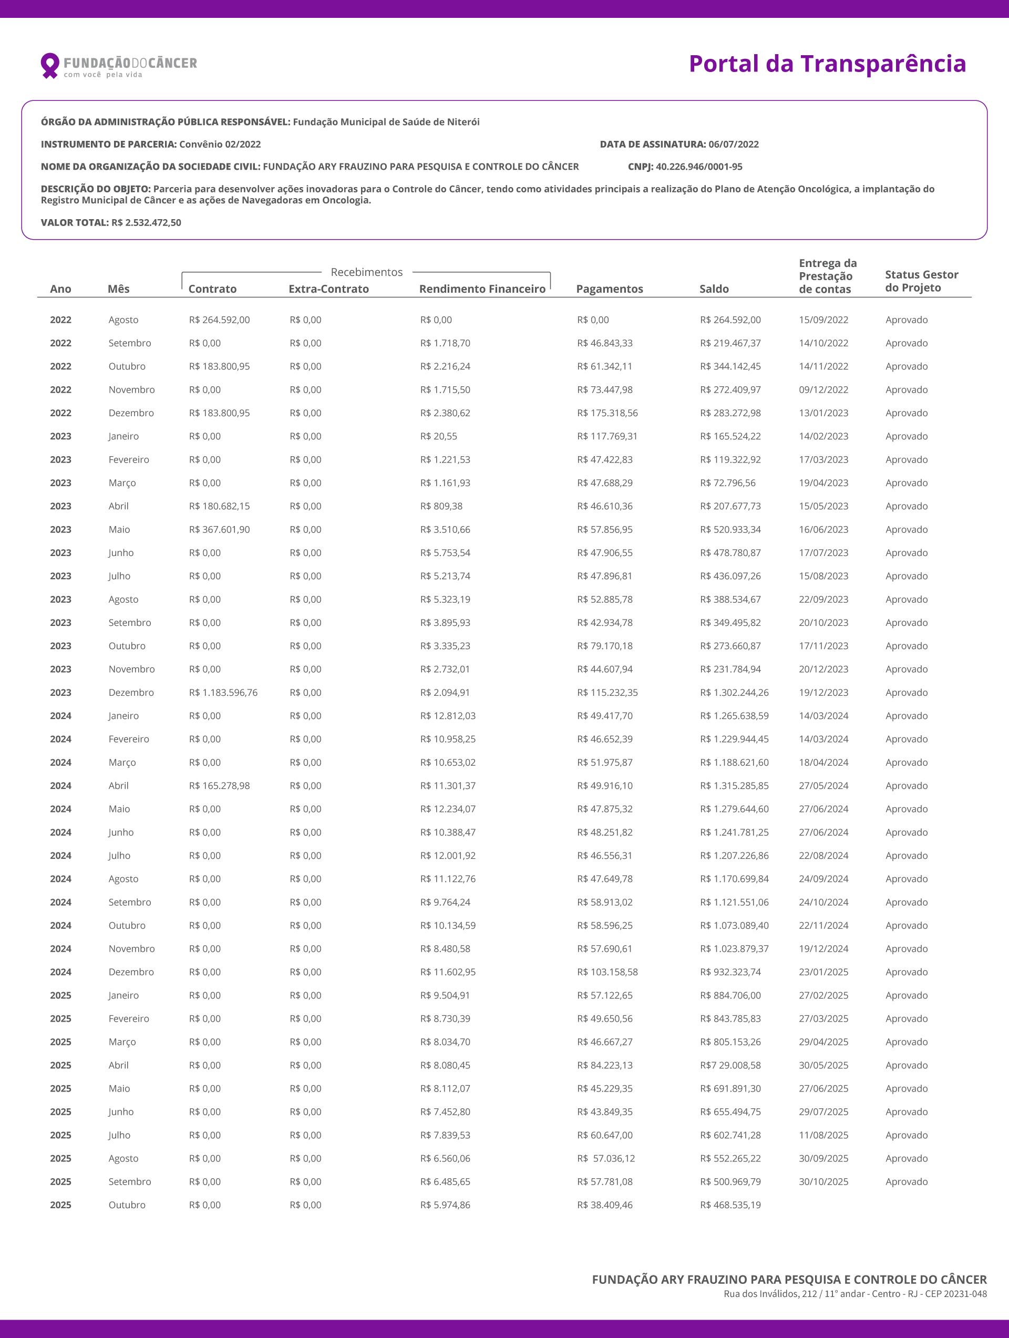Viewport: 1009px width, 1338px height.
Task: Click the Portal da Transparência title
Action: click(827, 64)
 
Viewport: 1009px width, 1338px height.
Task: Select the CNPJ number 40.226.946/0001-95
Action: click(698, 167)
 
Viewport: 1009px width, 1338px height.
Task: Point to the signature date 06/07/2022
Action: click(733, 144)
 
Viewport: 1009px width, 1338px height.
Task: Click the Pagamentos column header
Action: click(609, 289)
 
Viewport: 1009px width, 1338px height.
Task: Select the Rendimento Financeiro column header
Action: click(482, 289)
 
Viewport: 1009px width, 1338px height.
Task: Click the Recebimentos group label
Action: click(367, 272)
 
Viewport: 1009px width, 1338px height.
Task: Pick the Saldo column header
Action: click(714, 289)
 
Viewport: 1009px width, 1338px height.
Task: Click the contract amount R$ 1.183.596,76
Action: click(223, 693)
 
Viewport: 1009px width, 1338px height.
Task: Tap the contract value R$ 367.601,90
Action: click(219, 529)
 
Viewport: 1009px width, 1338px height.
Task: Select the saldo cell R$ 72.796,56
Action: click(728, 482)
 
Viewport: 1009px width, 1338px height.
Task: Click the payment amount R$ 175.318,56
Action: click(608, 413)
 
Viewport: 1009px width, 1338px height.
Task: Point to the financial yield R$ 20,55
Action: click(439, 436)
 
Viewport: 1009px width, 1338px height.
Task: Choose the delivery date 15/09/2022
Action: click(823, 320)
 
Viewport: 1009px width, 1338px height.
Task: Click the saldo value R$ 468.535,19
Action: click(730, 1205)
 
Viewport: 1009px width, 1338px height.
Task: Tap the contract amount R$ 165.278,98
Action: click(219, 786)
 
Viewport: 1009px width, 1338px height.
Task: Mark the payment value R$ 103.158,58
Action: click(608, 972)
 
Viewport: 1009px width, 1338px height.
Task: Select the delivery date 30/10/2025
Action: click(823, 1181)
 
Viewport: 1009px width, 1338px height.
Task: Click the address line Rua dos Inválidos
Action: click(854, 1294)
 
